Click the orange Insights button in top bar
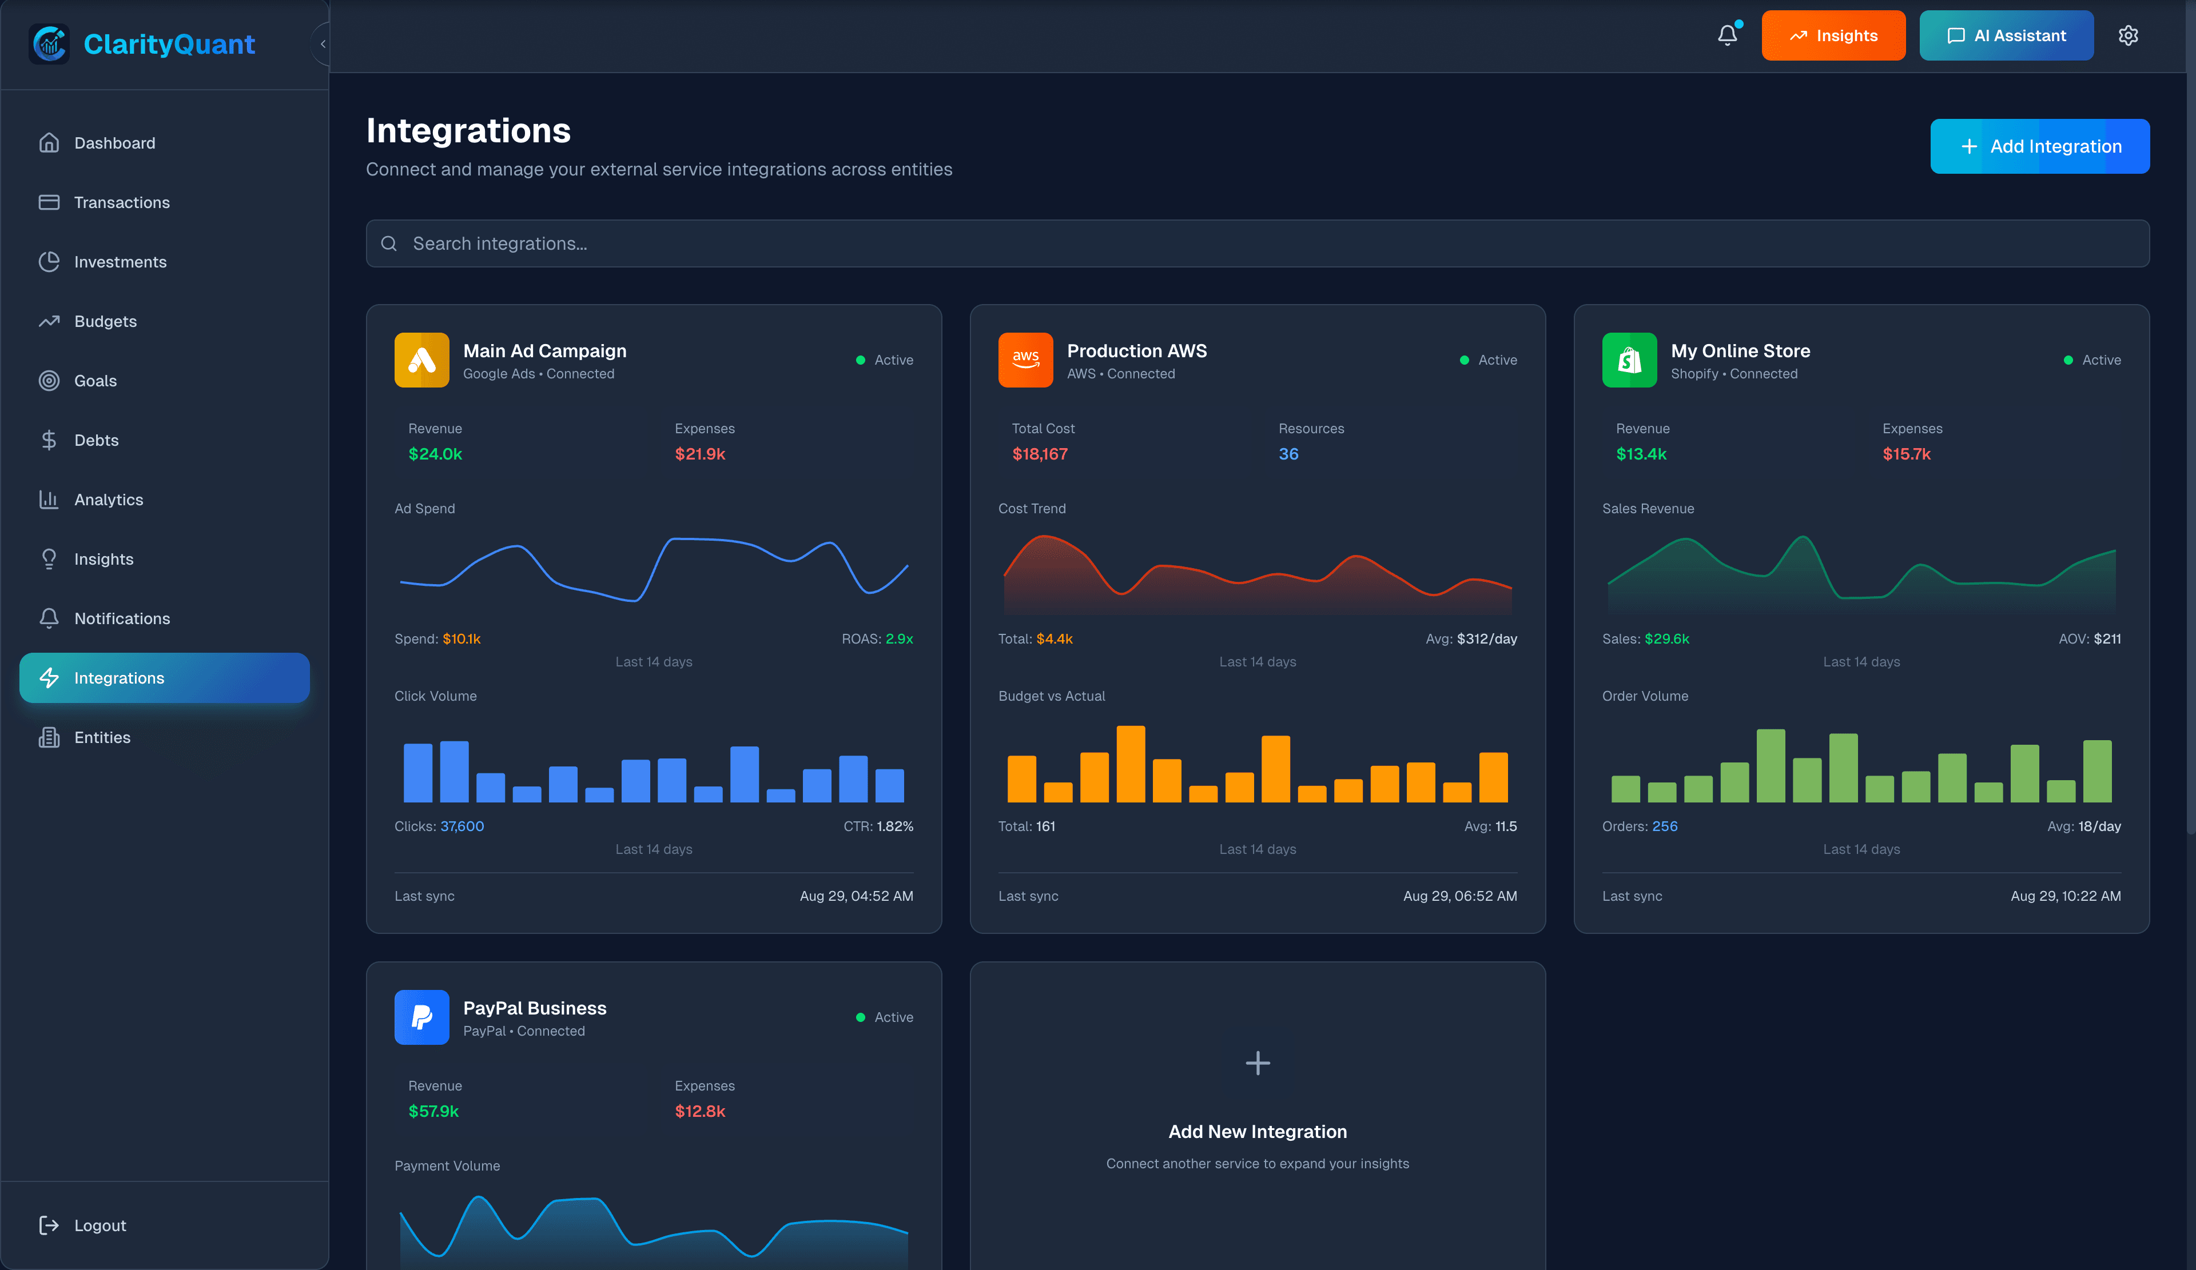[1833, 35]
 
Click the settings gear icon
[2128, 35]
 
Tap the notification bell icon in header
[1727, 35]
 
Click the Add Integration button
[2039, 146]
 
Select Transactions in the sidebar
[121, 202]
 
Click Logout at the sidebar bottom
[100, 1225]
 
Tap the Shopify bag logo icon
[1629, 360]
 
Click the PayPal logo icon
[422, 1017]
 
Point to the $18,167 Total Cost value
[1040, 454]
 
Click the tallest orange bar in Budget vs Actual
[1130, 765]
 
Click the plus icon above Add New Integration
[1258, 1063]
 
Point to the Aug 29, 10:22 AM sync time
[2065, 896]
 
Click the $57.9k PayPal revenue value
[433, 1111]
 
